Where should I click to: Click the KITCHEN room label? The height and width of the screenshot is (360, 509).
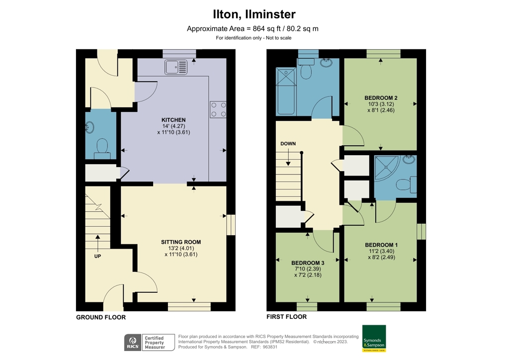[173, 120]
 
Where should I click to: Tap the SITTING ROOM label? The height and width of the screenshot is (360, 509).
[181, 242]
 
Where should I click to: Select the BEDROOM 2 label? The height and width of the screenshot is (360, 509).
[381, 97]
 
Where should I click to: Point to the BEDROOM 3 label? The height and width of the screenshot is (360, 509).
[308, 263]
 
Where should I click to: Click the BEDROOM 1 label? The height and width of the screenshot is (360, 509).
[381, 245]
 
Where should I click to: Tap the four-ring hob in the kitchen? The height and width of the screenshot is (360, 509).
[218, 109]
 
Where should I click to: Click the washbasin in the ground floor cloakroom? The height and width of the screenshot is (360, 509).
[90, 127]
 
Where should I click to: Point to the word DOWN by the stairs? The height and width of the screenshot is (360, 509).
[288, 144]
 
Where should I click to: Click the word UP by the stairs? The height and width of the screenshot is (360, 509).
[97, 256]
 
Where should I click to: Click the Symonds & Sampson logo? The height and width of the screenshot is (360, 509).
[374, 339]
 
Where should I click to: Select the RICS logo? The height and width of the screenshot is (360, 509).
[132, 342]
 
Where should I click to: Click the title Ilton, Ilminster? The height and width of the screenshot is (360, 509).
[254, 14]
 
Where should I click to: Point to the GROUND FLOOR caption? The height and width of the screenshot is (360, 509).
[101, 317]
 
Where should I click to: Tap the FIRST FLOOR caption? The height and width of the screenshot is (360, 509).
[287, 317]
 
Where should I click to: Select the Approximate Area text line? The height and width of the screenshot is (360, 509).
[253, 28]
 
